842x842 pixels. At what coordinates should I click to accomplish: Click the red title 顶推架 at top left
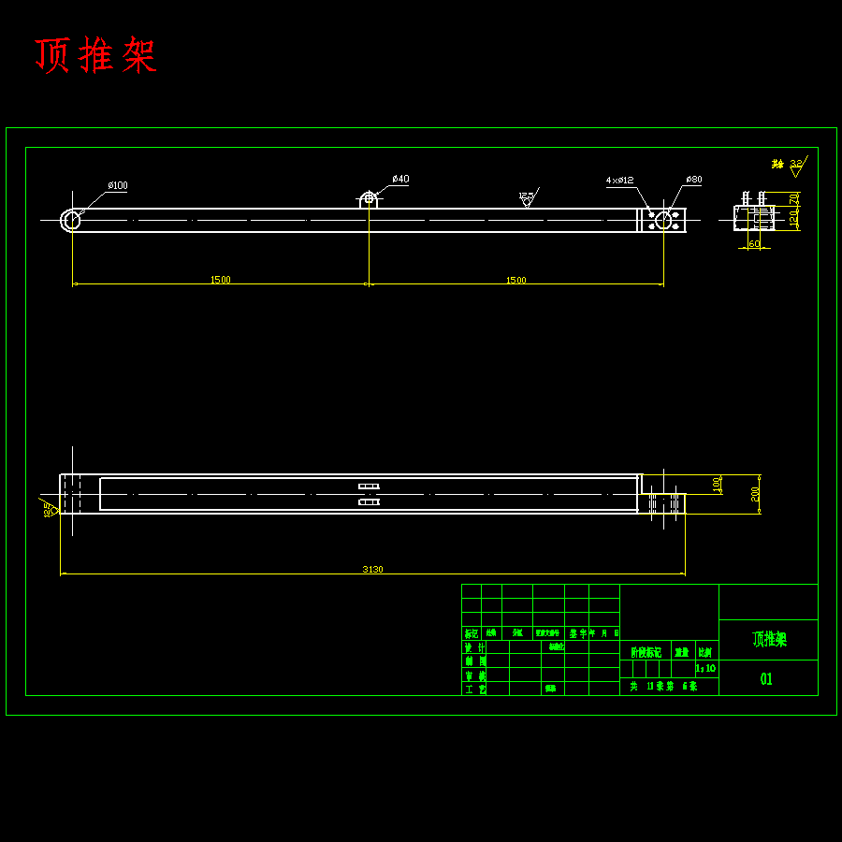point(95,56)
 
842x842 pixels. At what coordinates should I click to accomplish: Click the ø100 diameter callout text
point(118,185)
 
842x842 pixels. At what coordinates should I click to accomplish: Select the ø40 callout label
point(400,179)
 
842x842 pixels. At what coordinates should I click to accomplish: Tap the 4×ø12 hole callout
point(619,179)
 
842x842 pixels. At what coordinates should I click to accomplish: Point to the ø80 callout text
point(693,179)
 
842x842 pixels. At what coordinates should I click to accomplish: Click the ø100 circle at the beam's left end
point(71,220)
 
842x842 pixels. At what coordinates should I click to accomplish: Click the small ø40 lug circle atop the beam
point(369,197)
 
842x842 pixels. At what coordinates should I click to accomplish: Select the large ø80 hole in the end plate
point(663,220)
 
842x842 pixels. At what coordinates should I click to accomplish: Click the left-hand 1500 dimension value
point(220,280)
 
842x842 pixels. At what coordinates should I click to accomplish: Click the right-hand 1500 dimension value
point(515,280)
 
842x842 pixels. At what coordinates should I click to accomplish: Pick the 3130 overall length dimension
point(372,569)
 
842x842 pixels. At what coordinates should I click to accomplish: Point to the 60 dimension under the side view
point(754,244)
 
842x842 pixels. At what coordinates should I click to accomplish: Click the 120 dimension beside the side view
point(793,219)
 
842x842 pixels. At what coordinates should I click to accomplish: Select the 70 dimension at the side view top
point(793,198)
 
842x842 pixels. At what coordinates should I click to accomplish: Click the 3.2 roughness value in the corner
point(796,163)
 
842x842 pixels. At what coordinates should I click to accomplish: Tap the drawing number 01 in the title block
point(766,679)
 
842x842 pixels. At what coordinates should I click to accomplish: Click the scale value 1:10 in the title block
point(705,669)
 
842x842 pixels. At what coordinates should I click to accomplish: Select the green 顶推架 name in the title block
point(769,640)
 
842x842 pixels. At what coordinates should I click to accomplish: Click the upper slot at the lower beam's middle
point(369,486)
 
